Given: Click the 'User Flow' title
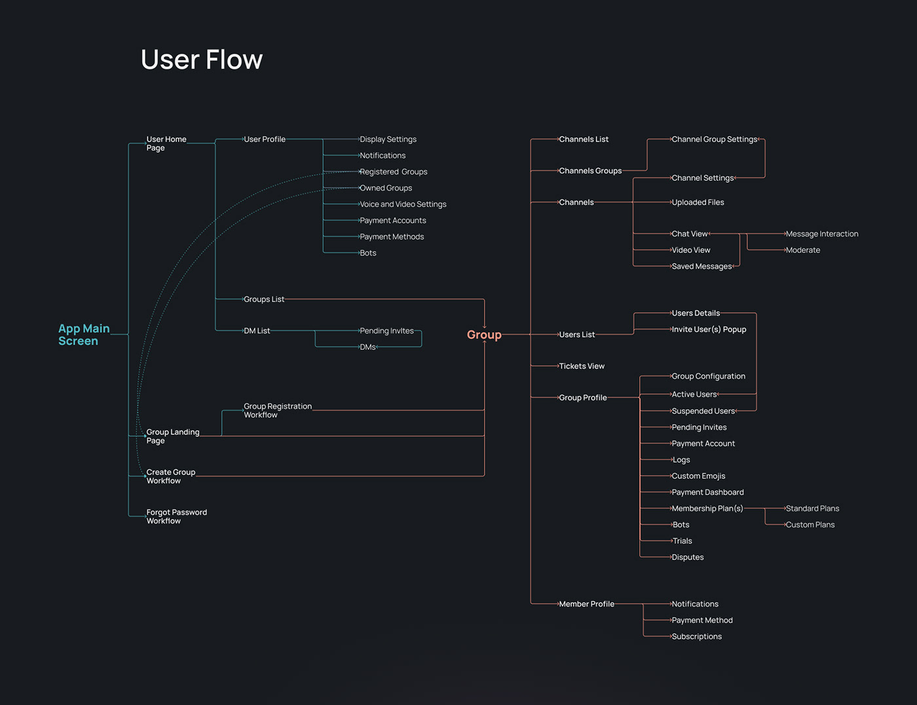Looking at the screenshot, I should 202,60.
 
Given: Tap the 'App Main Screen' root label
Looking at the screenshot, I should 83,334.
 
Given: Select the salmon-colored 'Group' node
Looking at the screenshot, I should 484,335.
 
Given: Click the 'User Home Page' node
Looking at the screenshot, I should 166,143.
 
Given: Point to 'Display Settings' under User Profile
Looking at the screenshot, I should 388,140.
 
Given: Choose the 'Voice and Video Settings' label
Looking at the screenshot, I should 403,204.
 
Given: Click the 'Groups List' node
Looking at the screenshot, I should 264,299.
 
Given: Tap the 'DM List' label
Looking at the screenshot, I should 257,331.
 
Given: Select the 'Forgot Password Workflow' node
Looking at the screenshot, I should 176,516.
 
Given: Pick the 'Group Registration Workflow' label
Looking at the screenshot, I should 277,410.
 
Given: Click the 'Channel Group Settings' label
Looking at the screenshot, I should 714,140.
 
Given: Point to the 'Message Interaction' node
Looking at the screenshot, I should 821,234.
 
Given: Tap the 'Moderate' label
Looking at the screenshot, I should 802,250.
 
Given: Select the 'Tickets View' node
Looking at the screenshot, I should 581,366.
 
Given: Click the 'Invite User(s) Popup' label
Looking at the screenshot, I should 709,330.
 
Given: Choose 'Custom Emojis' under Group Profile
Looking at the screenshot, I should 698,476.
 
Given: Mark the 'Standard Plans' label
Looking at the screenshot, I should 812,508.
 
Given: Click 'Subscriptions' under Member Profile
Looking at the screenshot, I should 696,637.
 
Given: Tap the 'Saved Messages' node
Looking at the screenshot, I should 702,267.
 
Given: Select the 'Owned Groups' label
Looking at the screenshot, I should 386,188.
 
